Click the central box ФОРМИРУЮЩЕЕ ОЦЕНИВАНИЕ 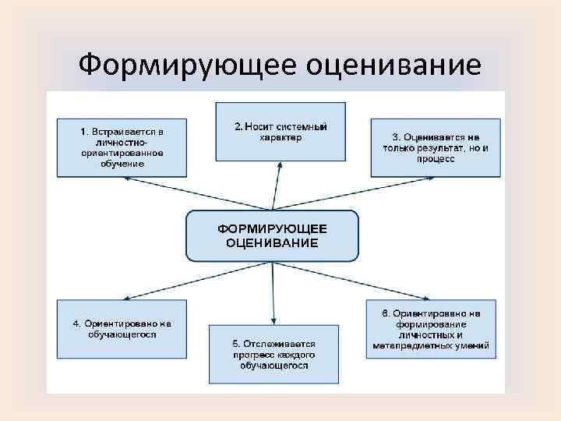click(272, 235)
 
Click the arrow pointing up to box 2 click(274, 187)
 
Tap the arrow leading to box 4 click(156, 285)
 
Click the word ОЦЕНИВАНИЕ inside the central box click(272, 242)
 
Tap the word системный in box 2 click(300, 126)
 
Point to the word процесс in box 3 click(434, 158)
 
